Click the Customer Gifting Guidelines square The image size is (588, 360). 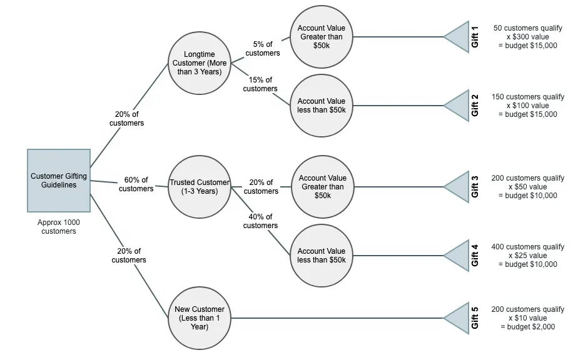[x=59, y=181]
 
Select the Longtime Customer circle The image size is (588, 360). [x=200, y=63]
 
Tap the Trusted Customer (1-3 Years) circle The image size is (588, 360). [x=200, y=187]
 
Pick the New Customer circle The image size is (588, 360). [x=200, y=317]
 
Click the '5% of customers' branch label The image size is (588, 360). [x=263, y=49]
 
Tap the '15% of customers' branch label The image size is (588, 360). [x=260, y=84]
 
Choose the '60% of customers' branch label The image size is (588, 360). [x=136, y=184]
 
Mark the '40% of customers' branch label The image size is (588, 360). [x=260, y=221]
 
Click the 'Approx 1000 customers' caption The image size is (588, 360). [x=59, y=227]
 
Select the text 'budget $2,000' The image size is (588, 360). [x=530, y=327]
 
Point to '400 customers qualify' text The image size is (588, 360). [x=528, y=247]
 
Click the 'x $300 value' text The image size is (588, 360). [x=527, y=37]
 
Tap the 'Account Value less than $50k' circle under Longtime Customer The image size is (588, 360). [x=322, y=106]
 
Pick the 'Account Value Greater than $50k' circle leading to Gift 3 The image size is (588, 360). [x=322, y=187]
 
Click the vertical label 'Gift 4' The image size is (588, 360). [x=475, y=255]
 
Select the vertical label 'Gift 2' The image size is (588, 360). [x=475, y=105]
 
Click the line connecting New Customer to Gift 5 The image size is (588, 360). [x=338, y=317]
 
